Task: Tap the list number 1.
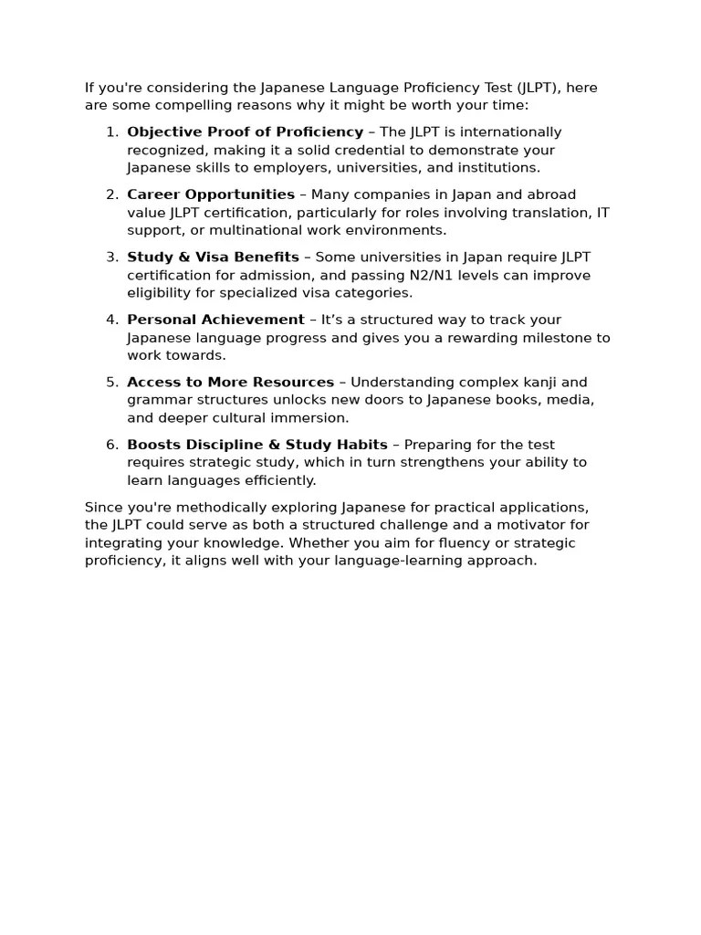(x=111, y=132)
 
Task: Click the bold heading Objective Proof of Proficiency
(x=245, y=132)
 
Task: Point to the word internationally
(x=504, y=132)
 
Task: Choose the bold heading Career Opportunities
(x=211, y=194)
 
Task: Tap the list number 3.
(x=111, y=257)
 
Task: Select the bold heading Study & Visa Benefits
(x=213, y=257)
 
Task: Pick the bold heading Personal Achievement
(x=215, y=320)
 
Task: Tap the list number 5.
(x=111, y=383)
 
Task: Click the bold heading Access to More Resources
(x=230, y=383)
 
